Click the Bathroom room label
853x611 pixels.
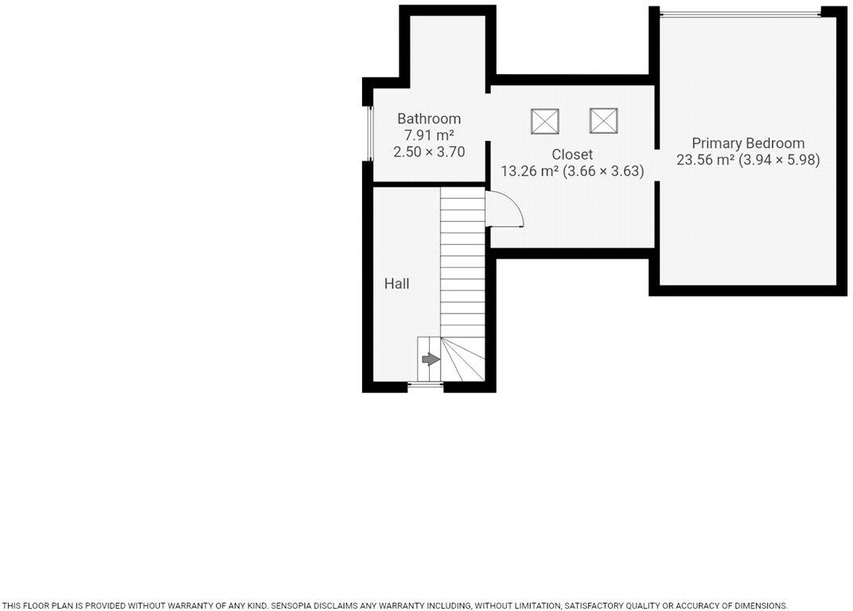pos(429,119)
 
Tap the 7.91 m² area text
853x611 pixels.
pos(429,135)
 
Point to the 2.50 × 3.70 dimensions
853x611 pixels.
pos(429,151)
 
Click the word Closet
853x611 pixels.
pos(572,154)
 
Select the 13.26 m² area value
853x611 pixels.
pos(529,171)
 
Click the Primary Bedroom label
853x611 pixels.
pos(748,143)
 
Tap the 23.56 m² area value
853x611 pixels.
pos(705,160)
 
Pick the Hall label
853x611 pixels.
pos(397,283)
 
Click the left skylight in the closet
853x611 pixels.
pos(545,121)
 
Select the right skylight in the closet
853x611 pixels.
pos(604,121)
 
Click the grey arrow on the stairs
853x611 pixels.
pos(430,360)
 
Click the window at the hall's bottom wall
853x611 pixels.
pos(426,387)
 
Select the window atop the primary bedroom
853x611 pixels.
pos(740,13)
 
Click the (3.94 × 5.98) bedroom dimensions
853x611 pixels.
pos(780,160)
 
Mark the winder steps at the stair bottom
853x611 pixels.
pos(462,360)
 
